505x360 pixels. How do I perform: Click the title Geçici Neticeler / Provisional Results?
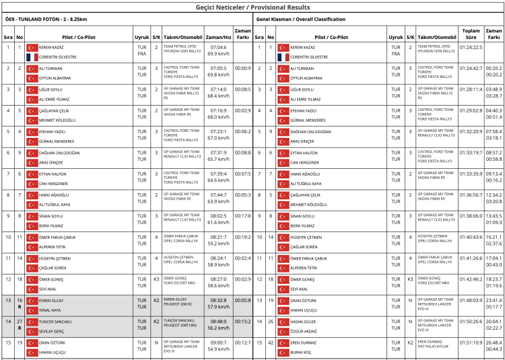(x=252, y=7)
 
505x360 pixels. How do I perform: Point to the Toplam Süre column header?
(x=470, y=34)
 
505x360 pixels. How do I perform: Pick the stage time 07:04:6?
(x=218, y=47)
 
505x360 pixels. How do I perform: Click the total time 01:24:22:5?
(x=471, y=47)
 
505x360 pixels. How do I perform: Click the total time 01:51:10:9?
(x=471, y=343)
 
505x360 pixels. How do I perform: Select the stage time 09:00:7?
(x=218, y=343)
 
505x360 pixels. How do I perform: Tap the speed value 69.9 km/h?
(x=218, y=52)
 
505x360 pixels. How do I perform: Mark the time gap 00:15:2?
(x=242, y=322)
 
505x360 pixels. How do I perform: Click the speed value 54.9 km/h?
(x=218, y=349)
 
